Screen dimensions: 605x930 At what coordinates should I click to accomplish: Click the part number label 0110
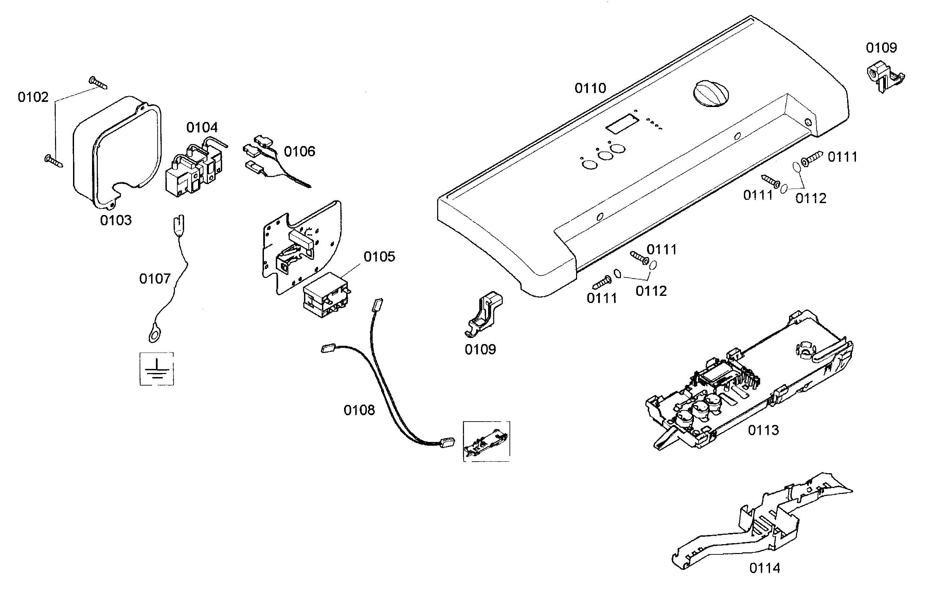590,88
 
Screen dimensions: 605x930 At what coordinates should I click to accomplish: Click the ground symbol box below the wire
157,369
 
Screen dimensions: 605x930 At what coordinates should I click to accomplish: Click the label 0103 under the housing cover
116,220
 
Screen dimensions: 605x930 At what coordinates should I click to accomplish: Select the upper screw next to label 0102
98,83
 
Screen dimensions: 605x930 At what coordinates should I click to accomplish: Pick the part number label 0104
202,127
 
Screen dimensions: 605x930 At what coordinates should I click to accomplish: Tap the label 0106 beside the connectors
299,151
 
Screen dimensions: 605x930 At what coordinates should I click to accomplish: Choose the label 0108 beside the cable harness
359,410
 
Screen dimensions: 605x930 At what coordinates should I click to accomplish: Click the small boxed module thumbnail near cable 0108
486,441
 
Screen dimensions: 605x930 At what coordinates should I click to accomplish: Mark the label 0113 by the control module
763,430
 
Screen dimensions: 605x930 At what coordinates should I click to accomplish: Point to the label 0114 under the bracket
764,568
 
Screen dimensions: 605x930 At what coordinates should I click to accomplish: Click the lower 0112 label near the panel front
651,291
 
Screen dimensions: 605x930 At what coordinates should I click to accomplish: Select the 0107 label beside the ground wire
155,279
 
